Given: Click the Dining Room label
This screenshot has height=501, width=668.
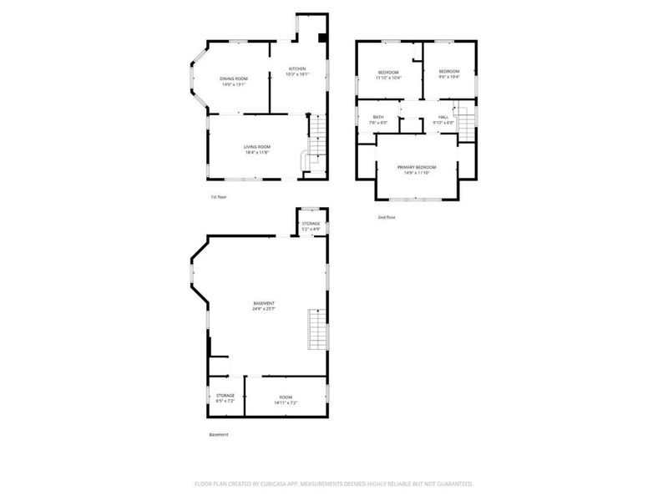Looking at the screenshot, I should pos(234,81).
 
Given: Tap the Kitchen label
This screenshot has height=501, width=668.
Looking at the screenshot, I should pos(297,71).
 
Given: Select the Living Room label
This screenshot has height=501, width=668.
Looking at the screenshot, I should pos(257,149).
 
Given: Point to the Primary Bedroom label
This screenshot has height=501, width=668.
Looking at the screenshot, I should pos(417,170).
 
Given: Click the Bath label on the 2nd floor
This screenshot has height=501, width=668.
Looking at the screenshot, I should pos(378,119).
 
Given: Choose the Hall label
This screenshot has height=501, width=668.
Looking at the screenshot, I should pos(443,119).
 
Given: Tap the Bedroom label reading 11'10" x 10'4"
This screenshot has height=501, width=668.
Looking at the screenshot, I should pos(388,75).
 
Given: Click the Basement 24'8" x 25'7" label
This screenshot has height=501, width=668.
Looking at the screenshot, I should pos(264,306).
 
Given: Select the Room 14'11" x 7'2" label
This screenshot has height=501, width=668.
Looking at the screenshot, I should pos(286,400).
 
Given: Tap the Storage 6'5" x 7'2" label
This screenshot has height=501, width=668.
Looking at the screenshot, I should pos(225,398).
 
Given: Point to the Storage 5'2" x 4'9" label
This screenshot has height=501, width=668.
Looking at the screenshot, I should pos(311,226).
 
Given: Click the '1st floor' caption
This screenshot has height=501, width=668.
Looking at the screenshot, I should pos(218,197).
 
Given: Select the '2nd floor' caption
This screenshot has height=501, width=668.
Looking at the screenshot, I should pos(386,217).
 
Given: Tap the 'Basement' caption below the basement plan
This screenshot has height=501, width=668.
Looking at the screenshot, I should pos(218,434).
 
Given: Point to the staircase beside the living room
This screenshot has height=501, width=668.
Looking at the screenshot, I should pos(315,142).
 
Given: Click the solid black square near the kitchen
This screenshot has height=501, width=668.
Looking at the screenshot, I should pos(322,38).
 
